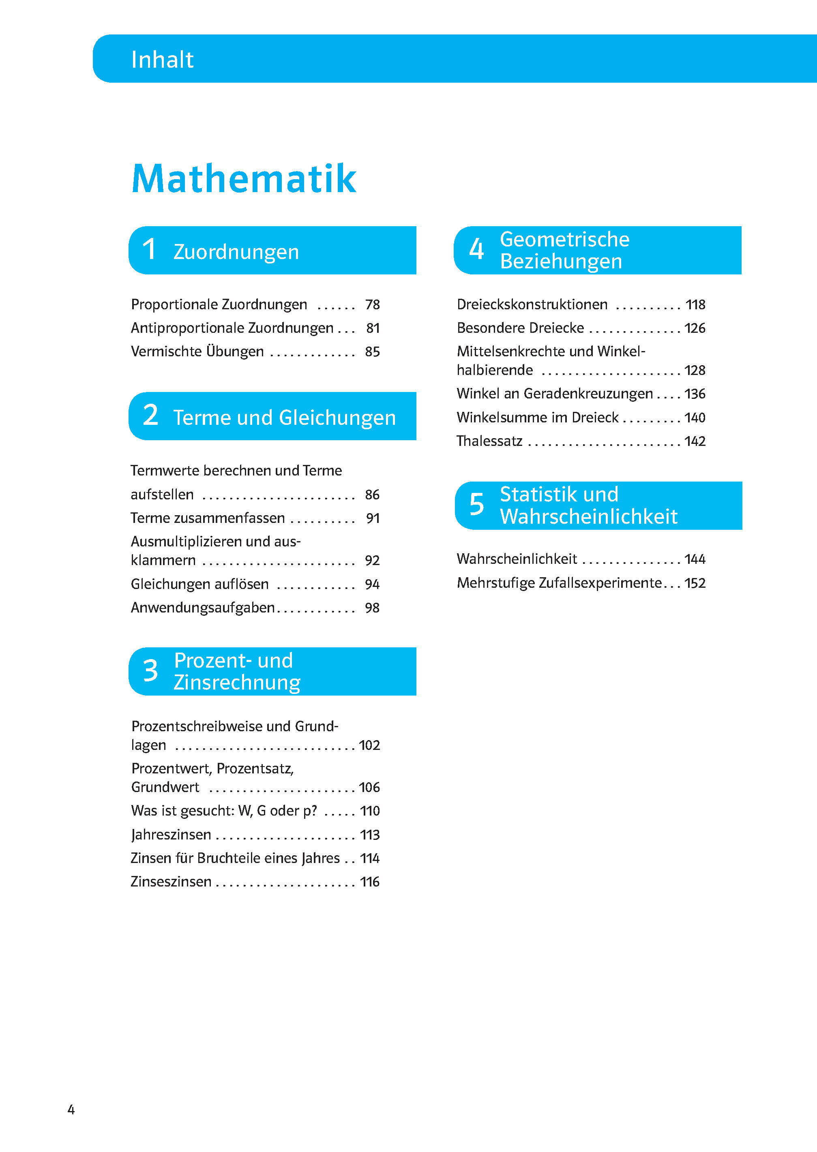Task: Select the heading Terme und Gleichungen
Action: [x=284, y=418]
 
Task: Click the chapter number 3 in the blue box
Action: [x=150, y=671]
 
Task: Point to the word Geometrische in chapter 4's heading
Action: [x=564, y=239]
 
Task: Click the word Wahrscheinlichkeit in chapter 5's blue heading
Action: [x=589, y=517]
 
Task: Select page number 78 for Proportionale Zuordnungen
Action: [x=372, y=305]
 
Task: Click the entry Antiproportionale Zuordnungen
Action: [x=232, y=328]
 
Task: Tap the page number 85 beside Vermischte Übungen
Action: [x=372, y=351]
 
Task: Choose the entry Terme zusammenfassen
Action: [x=207, y=518]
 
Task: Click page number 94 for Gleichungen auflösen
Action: [x=372, y=584]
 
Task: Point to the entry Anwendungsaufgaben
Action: [x=202, y=608]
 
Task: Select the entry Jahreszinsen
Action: [x=171, y=835]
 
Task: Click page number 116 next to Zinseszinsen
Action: [x=370, y=882]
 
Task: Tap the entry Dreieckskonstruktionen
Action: [x=532, y=305]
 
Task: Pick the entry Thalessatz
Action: [x=489, y=441]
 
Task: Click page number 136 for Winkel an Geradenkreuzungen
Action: [x=695, y=394]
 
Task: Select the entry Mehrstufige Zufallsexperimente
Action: [x=559, y=583]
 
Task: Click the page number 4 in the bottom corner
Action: [x=71, y=1109]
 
